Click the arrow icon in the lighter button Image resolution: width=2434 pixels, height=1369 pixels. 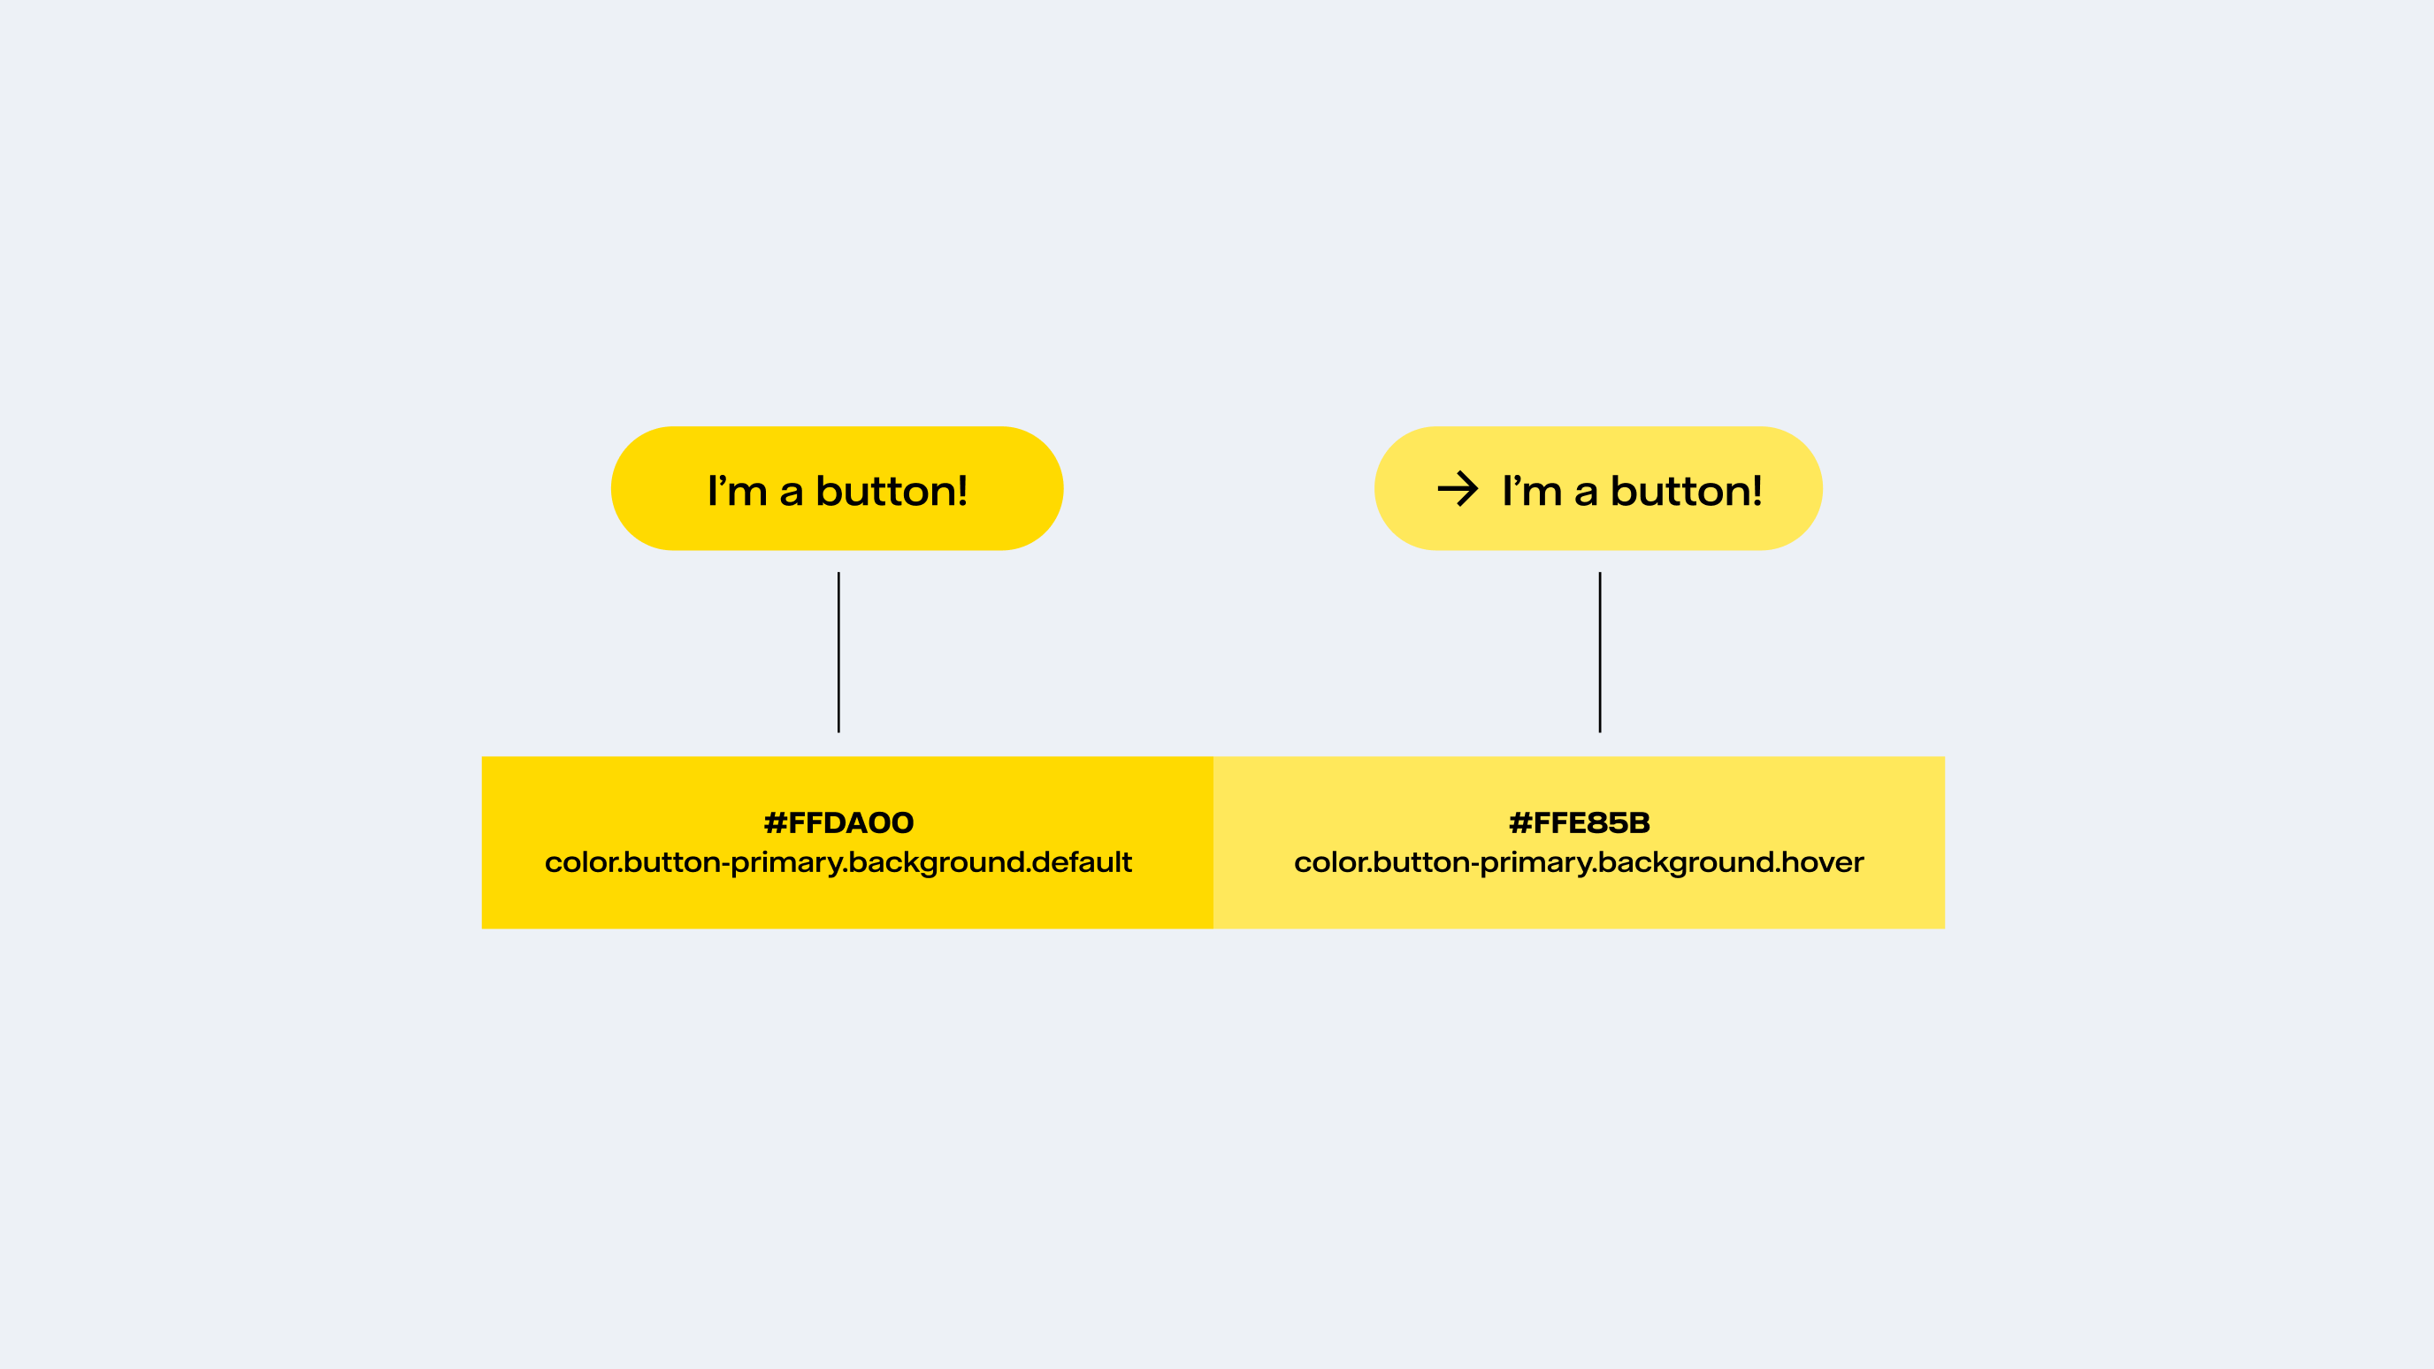tap(1457, 488)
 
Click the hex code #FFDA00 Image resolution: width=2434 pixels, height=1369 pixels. tap(838, 823)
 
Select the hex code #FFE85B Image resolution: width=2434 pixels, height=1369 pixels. tap(1579, 823)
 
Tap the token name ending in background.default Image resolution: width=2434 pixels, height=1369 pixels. tap(838, 862)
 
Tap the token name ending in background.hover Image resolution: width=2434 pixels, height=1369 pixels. tap(1579, 862)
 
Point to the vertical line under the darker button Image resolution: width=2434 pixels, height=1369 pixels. tap(838, 652)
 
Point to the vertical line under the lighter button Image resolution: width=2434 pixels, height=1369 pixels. tap(1600, 652)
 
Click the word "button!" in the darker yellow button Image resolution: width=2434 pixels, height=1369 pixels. tap(891, 490)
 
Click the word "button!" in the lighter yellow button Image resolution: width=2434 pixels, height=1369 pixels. tap(1686, 490)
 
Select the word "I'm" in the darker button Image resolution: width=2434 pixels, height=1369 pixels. tap(737, 490)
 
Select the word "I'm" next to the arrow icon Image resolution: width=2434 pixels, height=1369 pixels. tap(1532, 490)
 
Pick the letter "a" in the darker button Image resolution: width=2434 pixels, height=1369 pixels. tap(791, 494)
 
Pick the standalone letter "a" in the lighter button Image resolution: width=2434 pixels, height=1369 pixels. tap(1586, 494)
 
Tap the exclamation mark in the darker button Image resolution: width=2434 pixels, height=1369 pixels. tap(962, 490)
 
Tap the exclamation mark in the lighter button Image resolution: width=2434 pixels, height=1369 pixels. tap(1757, 490)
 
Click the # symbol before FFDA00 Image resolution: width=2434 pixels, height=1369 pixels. tap(775, 823)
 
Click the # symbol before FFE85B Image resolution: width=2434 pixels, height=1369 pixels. tap(1520, 823)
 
